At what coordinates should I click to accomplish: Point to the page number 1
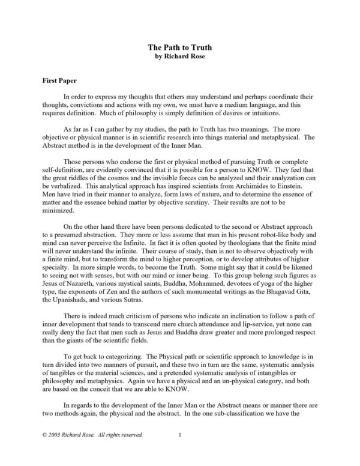(x=179, y=448)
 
